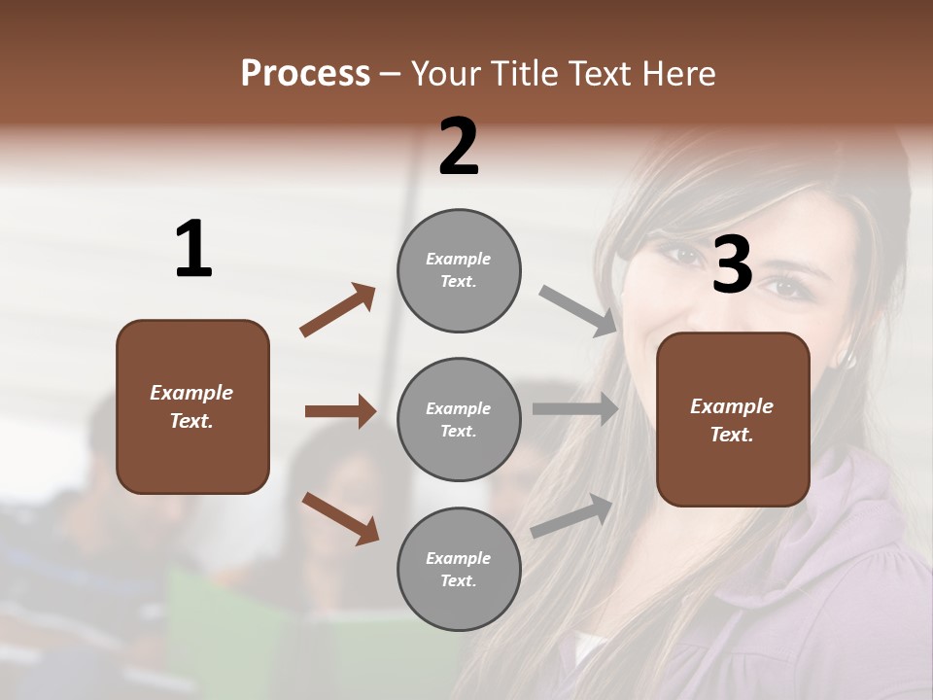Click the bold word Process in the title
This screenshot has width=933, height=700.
pyautogui.click(x=305, y=74)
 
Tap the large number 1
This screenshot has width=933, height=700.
pyautogui.click(x=193, y=250)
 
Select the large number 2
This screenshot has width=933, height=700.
pyautogui.click(x=459, y=147)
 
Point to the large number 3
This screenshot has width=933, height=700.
pyautogui.click(x=732, y=264)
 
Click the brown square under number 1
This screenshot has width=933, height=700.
pyautogui.click(x=192, y=406)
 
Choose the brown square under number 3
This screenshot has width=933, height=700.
pyautogui.click(x=733, y=419)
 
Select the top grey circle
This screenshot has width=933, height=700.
pyautogui.click(x=459, y=270)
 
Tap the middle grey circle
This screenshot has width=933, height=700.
pyautogui.click(x=459, y=419)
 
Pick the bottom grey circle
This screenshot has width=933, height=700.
pyautogui.click(x=459, y=569)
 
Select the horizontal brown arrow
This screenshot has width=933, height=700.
pyautogui.click(x=340, y=411)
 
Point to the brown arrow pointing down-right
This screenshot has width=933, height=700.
pyautogui.click(x=340, y=517)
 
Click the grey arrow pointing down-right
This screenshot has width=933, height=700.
pyautogui.click(x=577, y=311)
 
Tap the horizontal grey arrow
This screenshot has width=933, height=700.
pyautogui.click(x=574, y=409)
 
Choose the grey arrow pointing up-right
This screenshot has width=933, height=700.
pyautogui.click(x=571, y=516)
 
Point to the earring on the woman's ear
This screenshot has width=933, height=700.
pyautogui.click(x=850, y=360)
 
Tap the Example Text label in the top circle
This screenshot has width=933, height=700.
pyautogui.click(x=459, y=270)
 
